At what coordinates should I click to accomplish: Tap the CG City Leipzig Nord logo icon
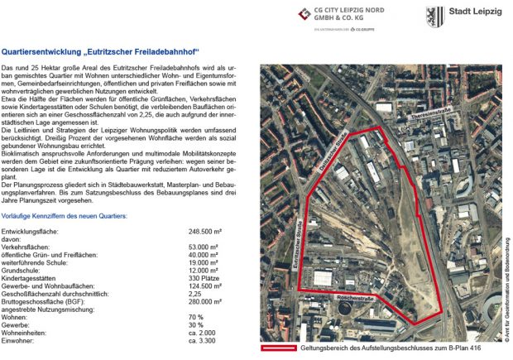308,13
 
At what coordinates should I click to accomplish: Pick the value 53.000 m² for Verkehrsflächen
207,247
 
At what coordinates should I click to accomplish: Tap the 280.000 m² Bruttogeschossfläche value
209,302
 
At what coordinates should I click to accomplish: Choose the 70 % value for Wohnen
196,316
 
